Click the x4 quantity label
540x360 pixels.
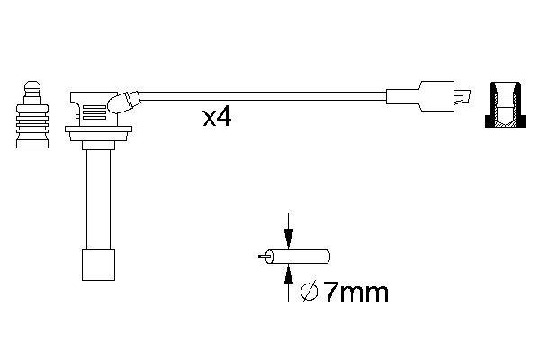tap(216, 117)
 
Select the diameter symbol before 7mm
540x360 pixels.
tap(307, 292)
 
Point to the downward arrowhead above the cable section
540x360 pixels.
tap(287, 239)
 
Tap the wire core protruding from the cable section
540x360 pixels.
tap(264, 256)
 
